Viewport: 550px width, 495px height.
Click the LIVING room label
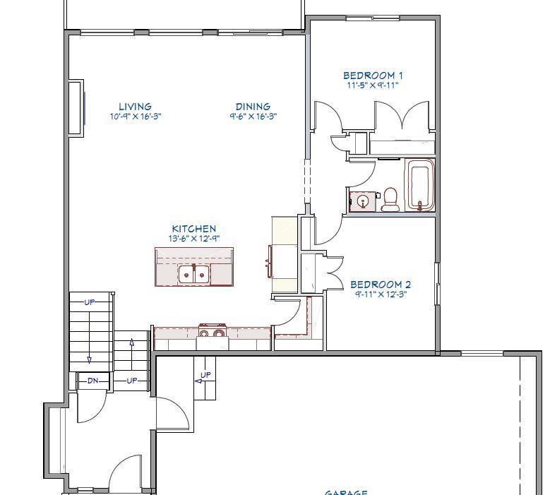coord(135,107)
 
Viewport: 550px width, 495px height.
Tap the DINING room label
coord(253,107)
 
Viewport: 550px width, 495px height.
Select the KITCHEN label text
coord(194,229)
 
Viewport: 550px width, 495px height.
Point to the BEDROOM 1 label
coord(373,76)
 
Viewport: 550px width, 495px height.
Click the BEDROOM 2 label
coord(381,285)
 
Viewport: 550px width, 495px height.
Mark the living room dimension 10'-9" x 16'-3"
coord(136,117)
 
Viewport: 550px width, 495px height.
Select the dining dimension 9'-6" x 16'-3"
coord(253,117)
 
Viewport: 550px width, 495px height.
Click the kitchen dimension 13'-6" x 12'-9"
coord(194,239)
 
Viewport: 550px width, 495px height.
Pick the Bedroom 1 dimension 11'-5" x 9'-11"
coord(373,85)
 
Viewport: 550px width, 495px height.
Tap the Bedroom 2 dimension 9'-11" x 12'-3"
coord(381,294)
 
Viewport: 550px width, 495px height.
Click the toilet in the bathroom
coord(390,200)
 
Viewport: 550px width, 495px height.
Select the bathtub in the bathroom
coord(420,185)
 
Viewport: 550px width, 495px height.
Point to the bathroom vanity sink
coord(363,201)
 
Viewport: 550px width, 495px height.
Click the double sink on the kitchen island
coord(194,273)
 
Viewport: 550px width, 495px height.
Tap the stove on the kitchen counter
coord(212,333)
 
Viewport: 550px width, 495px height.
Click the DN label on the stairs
coord(92,381)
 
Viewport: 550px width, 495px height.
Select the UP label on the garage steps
coord(205,375)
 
